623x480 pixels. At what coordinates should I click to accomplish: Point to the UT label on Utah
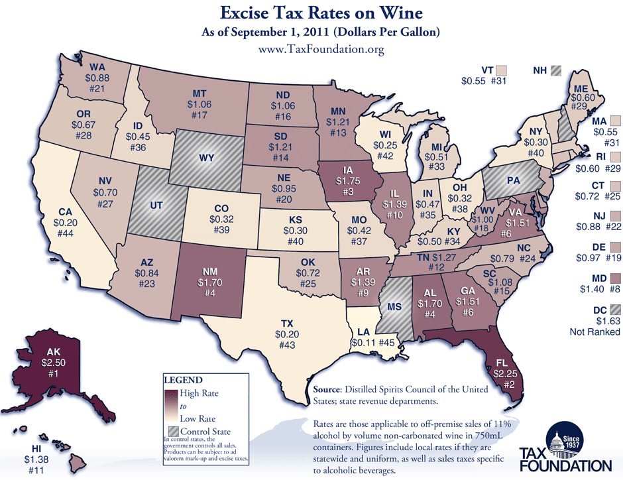click(156, 207)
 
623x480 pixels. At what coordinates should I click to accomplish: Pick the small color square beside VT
click(502, 70)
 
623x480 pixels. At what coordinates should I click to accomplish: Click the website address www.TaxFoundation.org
click(311, 50)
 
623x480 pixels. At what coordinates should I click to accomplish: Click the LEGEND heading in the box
click(183, 381)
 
